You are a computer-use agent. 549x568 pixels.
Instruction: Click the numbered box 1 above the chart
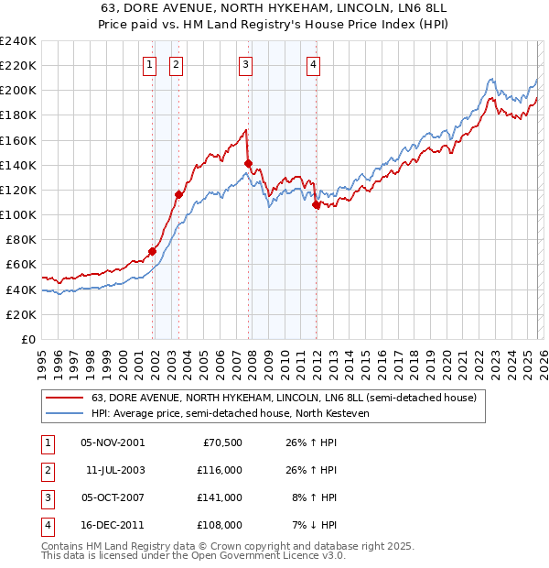tap(149, 64)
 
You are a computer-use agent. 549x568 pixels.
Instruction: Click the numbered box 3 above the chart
tap(246, 64)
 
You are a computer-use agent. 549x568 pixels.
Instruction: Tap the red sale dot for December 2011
tap(316, 205)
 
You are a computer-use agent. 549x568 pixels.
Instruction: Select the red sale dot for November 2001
tap(153, 252)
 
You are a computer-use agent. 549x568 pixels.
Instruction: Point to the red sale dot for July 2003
tap(179, 194)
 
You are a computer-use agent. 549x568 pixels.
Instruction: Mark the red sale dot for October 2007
tap(248, 164)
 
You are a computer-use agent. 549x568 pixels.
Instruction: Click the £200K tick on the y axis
tap(17, 90)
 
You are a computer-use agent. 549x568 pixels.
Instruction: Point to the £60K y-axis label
tap(20, 264)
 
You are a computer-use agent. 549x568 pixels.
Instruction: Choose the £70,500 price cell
tap(221, 442)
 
